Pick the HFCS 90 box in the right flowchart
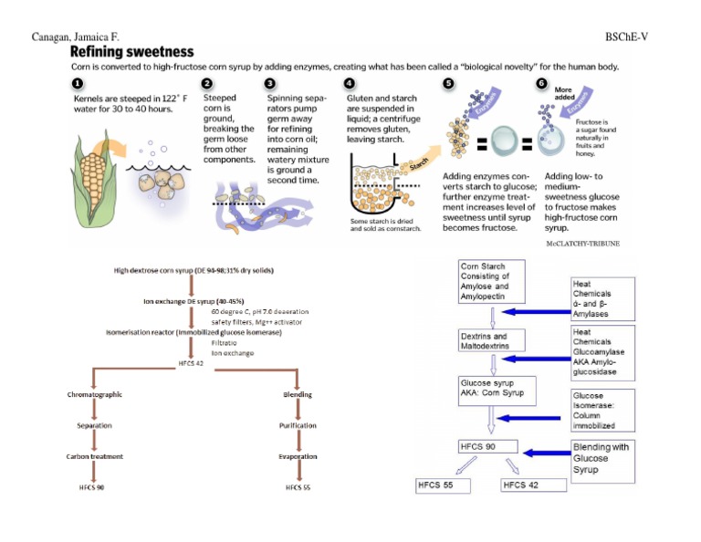pyautogui.click(x=488, y=447)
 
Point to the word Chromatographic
pyautogui.click(x=95, y=395)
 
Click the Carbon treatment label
pyautogui.click(x=95, y=456)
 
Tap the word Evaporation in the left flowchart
pyautogui.click(x=298, y=456)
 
